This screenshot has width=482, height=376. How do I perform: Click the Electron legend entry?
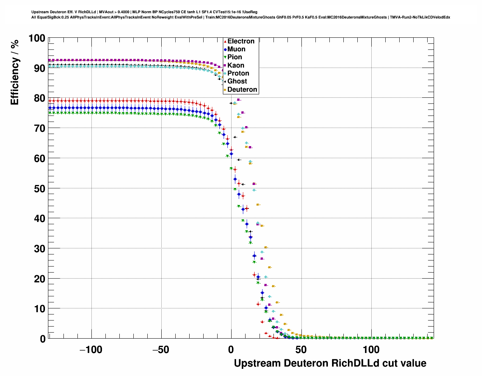(241, 41)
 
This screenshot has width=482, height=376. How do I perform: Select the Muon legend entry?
(236, 49)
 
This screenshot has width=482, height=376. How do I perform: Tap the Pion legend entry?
(235, 57)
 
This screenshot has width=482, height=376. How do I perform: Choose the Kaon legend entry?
(236, 65)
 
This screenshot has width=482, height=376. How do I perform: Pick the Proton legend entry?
(238, 73)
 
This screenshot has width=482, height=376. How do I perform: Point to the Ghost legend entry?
(237, 81)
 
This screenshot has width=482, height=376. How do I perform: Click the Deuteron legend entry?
(242, 89)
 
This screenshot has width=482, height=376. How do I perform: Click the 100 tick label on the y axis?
(37, 38)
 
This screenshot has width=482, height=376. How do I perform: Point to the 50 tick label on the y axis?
(39, 188)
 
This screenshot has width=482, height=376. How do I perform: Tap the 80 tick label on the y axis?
(39, 98)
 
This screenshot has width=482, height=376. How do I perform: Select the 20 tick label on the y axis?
(39, 279)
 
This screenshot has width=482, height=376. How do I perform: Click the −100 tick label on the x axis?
(91, 350)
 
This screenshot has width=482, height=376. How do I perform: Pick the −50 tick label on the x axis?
(161, 350)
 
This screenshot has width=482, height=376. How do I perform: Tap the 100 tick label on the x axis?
(371, 350)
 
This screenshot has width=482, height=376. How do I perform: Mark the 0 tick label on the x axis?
(231, 350)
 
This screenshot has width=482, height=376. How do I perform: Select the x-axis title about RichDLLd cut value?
(330, 363)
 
